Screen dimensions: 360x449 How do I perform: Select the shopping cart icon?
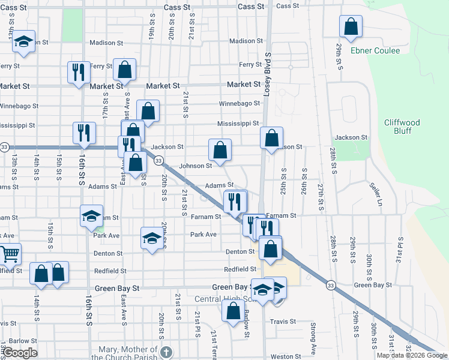click(x=8, y=254)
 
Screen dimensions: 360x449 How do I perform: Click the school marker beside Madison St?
click(x=23, y=42)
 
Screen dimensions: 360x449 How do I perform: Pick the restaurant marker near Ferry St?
click(x=79, y=73)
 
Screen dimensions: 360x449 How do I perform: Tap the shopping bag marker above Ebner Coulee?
click(x=351, y=27)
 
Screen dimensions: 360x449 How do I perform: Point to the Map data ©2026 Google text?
click(x=412, y=355)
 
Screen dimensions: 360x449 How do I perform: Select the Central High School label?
click(x=225, y=299)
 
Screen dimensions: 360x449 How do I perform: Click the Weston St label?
click(x=286, y=356)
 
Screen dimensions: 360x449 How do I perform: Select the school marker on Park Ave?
click(x=152, y=239)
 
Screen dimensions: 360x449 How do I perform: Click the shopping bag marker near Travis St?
click(x=233, y=311)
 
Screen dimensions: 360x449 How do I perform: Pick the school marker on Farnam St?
click(x=91, y=217)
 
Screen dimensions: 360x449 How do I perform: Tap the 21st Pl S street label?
click(x=197, y=324)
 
